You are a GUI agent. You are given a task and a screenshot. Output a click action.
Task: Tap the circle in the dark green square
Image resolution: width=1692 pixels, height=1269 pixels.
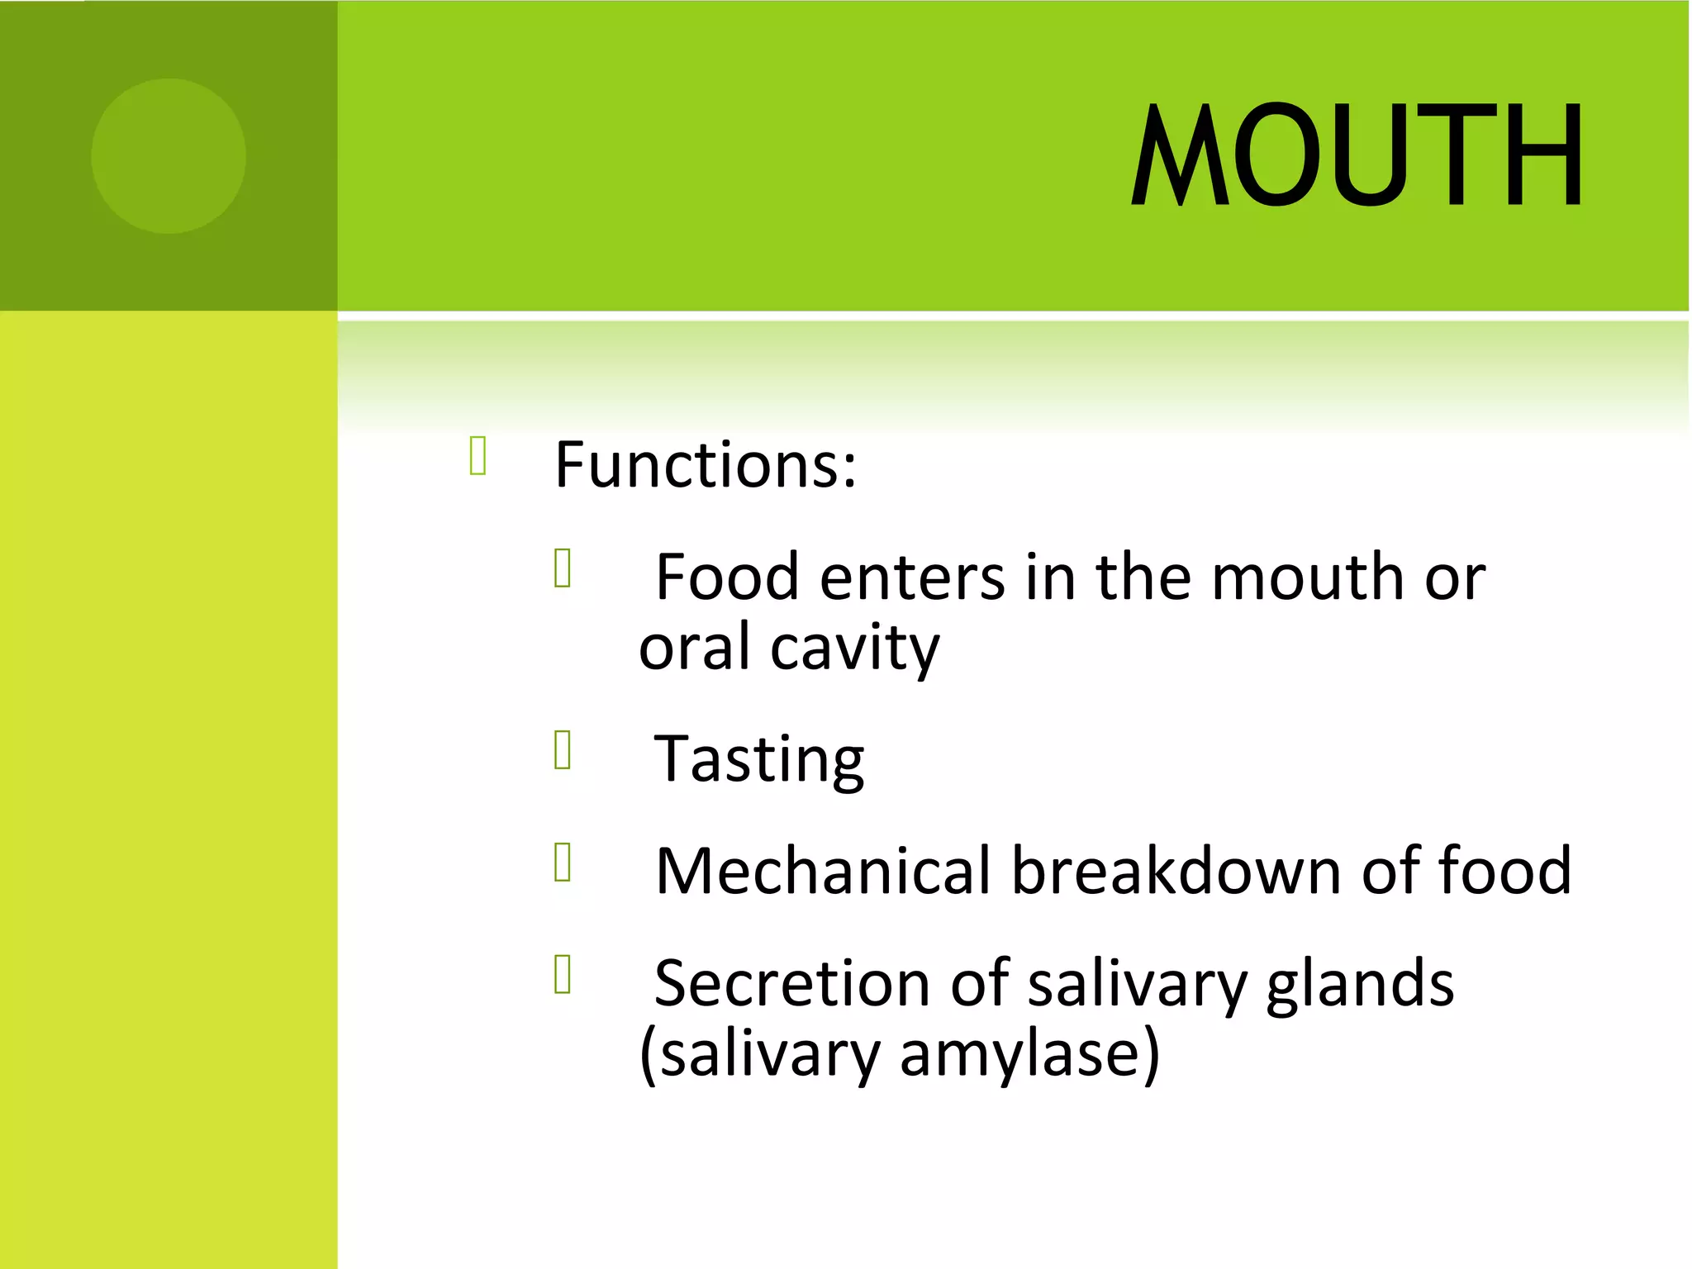coord(169,156)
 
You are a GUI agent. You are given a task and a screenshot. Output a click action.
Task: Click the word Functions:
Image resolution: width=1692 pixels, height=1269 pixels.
coord(706,464)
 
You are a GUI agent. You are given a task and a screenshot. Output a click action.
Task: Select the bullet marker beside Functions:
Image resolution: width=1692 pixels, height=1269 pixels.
coord(478,456)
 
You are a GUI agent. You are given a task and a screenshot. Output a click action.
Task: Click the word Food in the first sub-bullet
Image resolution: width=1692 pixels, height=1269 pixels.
coord(727,577)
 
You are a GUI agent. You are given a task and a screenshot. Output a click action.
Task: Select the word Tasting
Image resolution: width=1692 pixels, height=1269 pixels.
coord(758,760)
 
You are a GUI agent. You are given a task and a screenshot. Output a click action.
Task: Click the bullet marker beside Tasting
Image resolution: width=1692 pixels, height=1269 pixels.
coord(563,750)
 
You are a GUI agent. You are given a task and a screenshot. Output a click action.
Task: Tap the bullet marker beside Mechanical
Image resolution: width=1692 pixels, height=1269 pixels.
coord(563,863)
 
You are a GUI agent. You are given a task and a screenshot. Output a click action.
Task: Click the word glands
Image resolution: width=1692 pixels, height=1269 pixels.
coord(1359,983)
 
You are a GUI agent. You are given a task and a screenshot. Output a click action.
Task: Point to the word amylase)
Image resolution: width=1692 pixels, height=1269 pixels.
coord(1029,1055)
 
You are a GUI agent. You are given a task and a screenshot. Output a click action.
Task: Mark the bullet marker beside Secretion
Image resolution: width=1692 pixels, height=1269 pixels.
coord(563,975)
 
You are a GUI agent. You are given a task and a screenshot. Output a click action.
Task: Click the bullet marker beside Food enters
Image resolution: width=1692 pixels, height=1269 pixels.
coord(563,568)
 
